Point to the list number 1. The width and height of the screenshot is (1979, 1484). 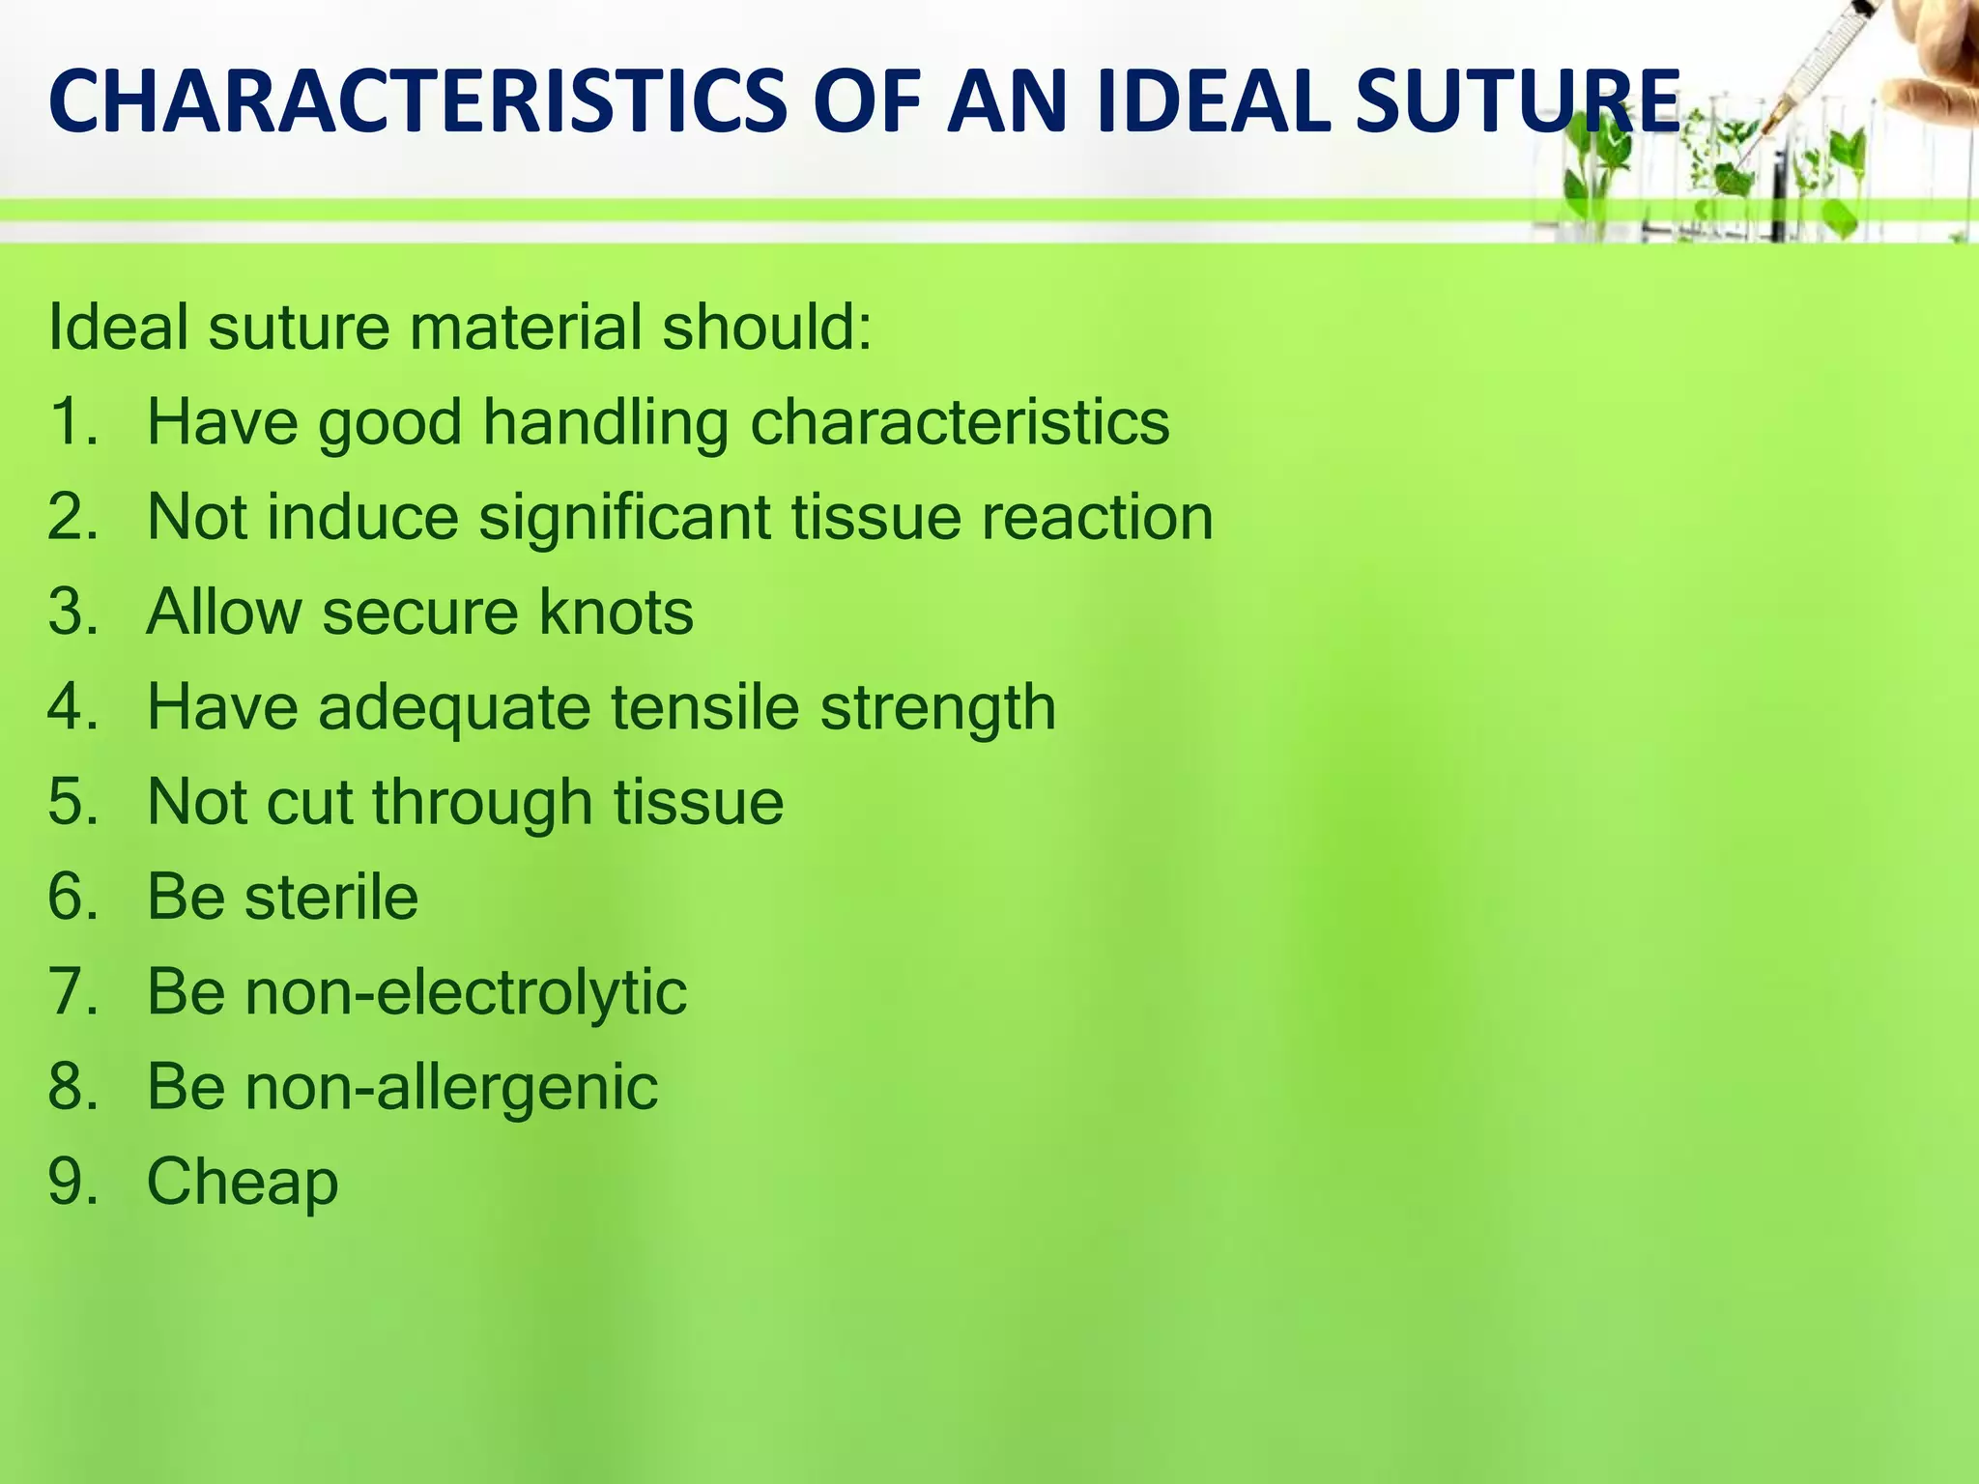72,422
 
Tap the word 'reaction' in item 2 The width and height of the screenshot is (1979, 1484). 1097,517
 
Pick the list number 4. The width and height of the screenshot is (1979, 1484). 72,707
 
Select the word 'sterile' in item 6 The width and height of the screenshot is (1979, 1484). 331,897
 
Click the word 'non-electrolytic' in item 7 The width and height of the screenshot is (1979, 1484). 466,992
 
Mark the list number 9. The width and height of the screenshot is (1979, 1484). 72,1182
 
